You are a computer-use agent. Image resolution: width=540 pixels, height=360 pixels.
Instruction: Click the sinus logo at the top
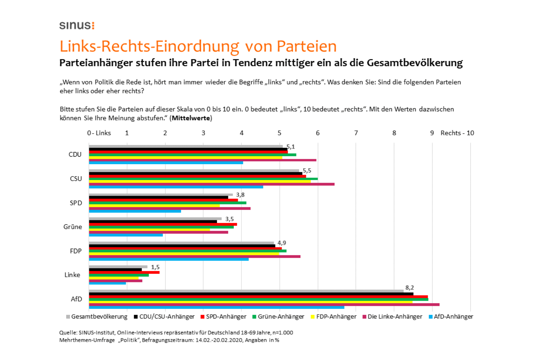click(77, 25)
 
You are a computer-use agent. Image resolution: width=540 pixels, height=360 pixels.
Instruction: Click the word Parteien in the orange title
click(306, 46)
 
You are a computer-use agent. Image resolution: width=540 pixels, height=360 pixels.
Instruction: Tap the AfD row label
click(76, 299)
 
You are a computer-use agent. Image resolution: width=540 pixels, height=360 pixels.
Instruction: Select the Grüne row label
click(73, 227)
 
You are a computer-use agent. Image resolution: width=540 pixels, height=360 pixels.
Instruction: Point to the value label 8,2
click(409, 288)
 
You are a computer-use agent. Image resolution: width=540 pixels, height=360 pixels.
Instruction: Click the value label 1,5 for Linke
click(155, 267)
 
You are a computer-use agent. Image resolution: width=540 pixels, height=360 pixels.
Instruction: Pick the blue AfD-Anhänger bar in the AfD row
click(216, 307)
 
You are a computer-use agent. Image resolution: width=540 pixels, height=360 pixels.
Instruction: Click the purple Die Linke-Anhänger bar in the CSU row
click(211, 184)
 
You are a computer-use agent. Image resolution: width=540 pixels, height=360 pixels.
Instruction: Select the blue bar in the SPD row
click(135, 211)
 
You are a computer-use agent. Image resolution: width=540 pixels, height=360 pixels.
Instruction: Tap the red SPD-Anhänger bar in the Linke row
click(124, 272)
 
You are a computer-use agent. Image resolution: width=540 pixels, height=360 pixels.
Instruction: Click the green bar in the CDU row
click(192, 155)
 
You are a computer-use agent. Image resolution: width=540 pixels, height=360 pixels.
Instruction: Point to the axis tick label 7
click(356, 133)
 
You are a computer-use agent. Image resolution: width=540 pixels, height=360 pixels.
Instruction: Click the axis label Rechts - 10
click(457, 133)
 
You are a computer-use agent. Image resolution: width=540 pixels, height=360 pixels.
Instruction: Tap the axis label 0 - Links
click(99, 133)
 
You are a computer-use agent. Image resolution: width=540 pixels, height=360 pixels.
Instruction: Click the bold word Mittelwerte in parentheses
click(191, 118)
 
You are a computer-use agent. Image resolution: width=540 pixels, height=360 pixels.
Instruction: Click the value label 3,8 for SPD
click(240, 195)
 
